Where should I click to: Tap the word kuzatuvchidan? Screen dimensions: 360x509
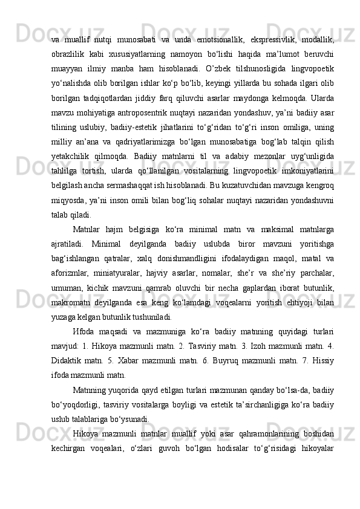pyautogui.click(x=256, y=197)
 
